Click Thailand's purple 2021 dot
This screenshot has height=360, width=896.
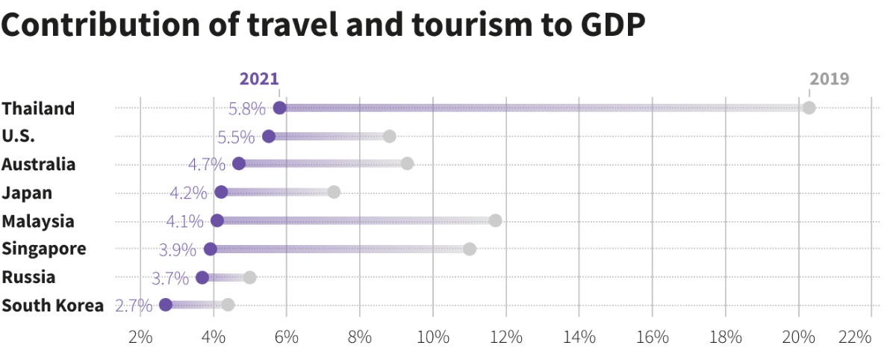[x=280, y=108]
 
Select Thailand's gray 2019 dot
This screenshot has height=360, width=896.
[x=809, y=108]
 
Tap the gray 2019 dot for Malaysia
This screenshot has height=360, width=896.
[x=495, y=220]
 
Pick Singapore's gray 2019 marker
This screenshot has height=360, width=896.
[x=470, y=249]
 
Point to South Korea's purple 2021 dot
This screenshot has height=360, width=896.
[x=166, y=305]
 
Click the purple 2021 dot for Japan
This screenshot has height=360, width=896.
[x=221, y=192]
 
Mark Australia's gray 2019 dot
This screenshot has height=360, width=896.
[x=407, y=164]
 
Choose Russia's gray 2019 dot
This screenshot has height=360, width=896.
[x=250, y=277]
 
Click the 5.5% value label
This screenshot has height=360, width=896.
[x=236, y=137]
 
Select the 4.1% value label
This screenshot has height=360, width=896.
[x=185, y=221]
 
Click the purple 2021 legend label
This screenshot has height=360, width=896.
[x=259, y=79]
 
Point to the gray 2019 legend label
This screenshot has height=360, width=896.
[x=829, y=79]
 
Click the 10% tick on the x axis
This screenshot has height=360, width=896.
[x=433, y=337]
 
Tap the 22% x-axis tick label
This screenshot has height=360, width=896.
[x=854, y=337]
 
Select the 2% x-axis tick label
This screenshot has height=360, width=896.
[x=140, y=337]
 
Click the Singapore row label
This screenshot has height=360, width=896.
[x=44, y=249]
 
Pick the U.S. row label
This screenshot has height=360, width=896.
[x=18, y=136]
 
